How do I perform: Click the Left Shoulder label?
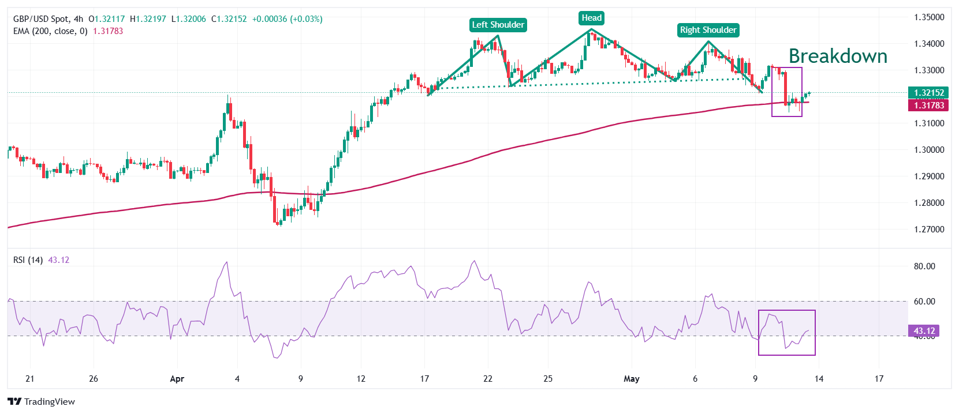(x=498, y=25)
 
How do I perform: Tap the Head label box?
(x=592, y=18)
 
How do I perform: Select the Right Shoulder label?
(x=708, y=30)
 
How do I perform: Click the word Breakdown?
(x=838, y=57)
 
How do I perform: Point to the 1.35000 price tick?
(x=929, y=17)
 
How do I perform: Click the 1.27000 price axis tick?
(x=929, y=229)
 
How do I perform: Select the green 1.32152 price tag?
(x=929, y=92)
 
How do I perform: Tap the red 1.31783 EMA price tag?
(x=929, y=105)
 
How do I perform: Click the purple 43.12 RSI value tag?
(x=924, y=331)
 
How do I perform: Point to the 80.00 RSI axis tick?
(x=924, y=266)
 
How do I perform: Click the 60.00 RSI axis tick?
(x=924, y=302)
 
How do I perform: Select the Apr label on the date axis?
(x=177, y=379)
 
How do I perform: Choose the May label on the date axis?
(x=632, y=379)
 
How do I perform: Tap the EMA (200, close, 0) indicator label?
(x=50, y=31)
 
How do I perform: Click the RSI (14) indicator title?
(x=28, y=260)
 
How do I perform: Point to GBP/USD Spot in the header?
(x=40, y=19)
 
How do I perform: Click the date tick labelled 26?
(x=94, y=379)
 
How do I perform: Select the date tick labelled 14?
(x=819, y=379)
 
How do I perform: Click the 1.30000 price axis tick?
(x=929, y=150)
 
